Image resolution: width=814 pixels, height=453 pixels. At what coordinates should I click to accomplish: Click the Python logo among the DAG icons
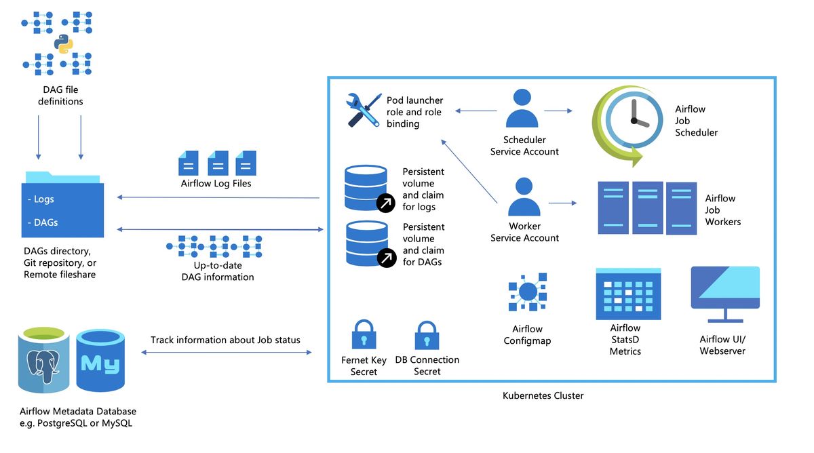tap(63, 44)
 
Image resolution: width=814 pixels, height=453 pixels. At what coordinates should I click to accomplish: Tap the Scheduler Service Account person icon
tap(522, 108)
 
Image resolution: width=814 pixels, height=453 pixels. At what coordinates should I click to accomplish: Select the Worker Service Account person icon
tap(524, 197)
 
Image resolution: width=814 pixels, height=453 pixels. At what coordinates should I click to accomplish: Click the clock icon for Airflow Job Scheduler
tap(627, 125)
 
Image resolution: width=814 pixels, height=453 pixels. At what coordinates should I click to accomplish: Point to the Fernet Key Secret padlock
tap(364, 334)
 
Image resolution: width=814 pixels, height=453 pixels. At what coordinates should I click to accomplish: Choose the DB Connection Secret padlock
tap(427, 335)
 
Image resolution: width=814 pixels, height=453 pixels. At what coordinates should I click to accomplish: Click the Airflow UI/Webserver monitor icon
tap(725, 294)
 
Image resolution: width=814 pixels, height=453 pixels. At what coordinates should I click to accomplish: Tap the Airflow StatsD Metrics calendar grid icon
tap(628, 294)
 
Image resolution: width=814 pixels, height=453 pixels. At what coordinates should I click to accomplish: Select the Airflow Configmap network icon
tap(528, 292)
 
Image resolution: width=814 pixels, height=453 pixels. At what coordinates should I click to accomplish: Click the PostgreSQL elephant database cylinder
tap(44, 359)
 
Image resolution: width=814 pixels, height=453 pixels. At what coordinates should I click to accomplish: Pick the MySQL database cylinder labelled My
tap(100, 360)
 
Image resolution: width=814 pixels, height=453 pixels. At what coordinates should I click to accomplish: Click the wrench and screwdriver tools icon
tap(364, 110)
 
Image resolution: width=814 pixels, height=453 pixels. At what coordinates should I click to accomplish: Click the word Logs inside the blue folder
tap(43, 199)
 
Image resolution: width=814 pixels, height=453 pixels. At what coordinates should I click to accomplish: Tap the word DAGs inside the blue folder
tap(46, 222)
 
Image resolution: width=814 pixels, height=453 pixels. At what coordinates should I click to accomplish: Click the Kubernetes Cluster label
tap(543, 395)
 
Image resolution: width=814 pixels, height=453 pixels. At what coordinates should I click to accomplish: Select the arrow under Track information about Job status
tap(226, 352)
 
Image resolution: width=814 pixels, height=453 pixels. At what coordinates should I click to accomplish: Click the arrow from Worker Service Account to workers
tap(562, 203)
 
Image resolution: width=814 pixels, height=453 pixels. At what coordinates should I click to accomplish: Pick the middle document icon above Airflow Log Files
tap(218, 163)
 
